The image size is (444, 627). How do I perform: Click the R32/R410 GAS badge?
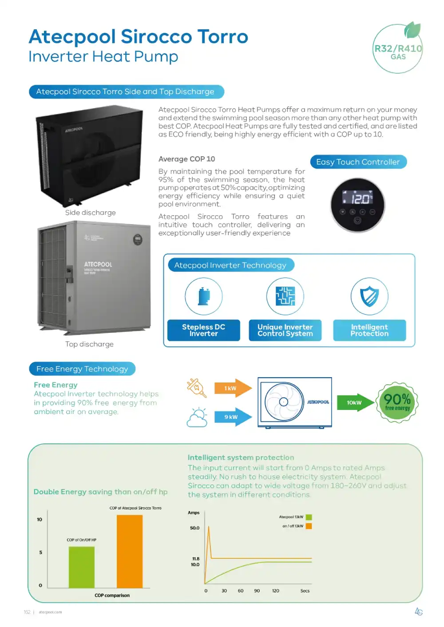(x=398, y=49)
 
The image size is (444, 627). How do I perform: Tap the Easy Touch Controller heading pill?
(x=358, y=162)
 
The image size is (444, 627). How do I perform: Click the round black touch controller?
(x=358, y=205)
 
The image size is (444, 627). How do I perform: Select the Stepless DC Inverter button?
(x=203, y=330)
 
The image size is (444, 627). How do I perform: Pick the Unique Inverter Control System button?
(x=285, y=330)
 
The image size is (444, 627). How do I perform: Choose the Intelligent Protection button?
(x=369, y=330)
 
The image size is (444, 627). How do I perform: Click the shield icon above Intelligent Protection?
(x=369, y=296)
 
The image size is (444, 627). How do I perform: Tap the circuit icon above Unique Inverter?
(x=285, y=296)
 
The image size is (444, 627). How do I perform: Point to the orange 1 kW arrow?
(x=232, y=388)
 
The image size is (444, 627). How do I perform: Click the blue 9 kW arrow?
(x=232, y=417)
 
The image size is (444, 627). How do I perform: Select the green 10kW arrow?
(x=356, y=402)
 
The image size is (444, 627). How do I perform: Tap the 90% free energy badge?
(x=397, y=402)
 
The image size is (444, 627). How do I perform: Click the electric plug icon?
(x=197, y=387)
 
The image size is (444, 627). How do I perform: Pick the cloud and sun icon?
(x=198, y=418)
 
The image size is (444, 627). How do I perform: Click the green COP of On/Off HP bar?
(x=82, y=567)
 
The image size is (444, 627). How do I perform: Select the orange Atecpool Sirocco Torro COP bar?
(x=130, y=551)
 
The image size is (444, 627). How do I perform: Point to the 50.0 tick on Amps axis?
(x=195, y=528)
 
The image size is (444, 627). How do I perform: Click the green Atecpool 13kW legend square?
(x=309, y=517)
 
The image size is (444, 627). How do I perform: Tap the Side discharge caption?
(x=91, y=213)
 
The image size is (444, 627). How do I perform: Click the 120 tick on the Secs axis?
(x=276, y=591)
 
